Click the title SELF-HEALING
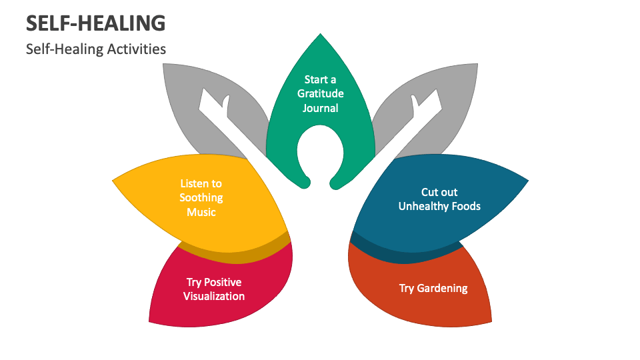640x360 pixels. click(95, 23)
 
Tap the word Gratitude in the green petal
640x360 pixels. click(321, 94)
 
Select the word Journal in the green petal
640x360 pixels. click(321, 108)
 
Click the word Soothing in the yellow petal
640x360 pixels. click(201, 198)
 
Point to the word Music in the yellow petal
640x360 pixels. click(201, 212)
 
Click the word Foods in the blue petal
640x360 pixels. click(465, 207)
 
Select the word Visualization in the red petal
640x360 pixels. click(214, 296)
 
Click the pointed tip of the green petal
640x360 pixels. click(321, 35)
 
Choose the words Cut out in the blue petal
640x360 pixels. click(439, 193)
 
